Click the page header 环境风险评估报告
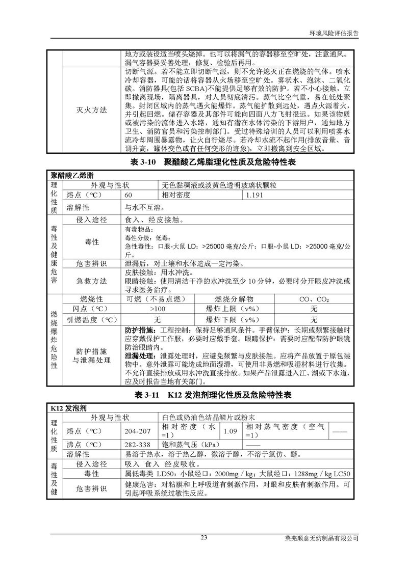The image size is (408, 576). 335,32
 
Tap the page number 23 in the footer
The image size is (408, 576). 203,537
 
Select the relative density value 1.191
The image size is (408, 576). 256,196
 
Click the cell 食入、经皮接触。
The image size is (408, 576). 153,221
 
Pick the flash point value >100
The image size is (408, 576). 157,309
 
